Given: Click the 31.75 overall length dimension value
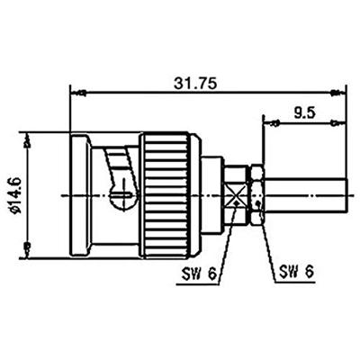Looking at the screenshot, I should coord(207,80).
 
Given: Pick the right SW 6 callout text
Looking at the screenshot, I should coord(297,269).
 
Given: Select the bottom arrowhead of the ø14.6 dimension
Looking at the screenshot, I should coord(30,247).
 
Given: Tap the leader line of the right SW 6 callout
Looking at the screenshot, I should coord(265,238).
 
